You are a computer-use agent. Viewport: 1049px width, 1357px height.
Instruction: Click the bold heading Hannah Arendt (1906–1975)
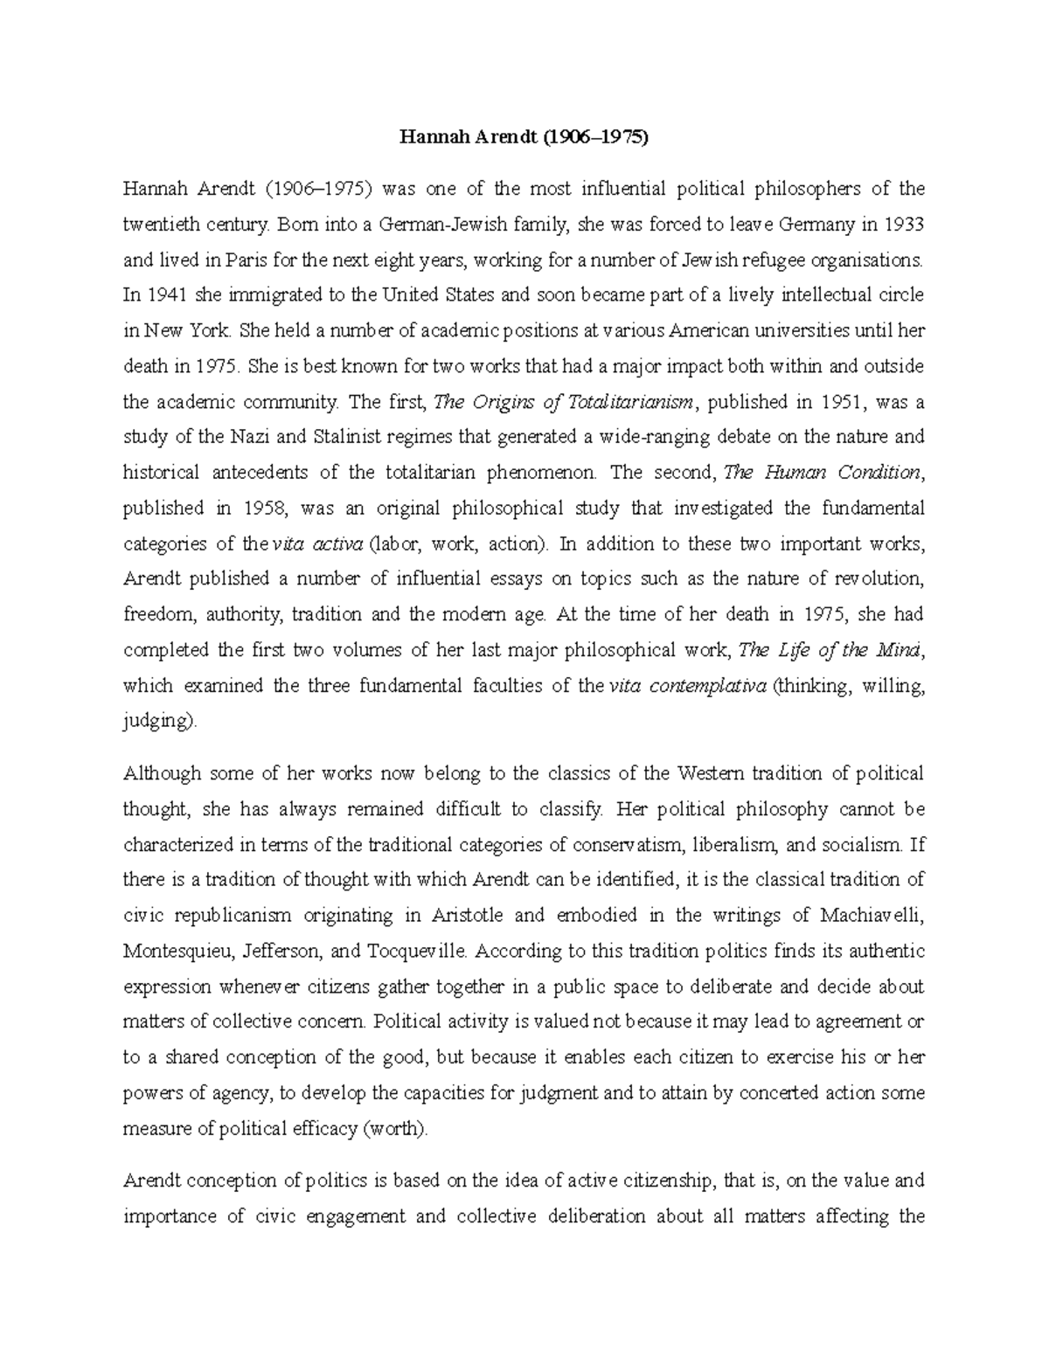pos(524,137)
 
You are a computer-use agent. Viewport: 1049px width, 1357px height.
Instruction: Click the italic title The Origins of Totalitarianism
pos(565,402)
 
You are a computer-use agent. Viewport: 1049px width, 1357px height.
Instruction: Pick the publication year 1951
pos(843,402)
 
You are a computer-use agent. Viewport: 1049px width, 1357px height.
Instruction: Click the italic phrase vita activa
pos(317,543)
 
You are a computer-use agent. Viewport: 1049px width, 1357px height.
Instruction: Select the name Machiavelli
pos(871,916)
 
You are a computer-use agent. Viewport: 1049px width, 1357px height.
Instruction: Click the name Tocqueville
pos(416,951)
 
